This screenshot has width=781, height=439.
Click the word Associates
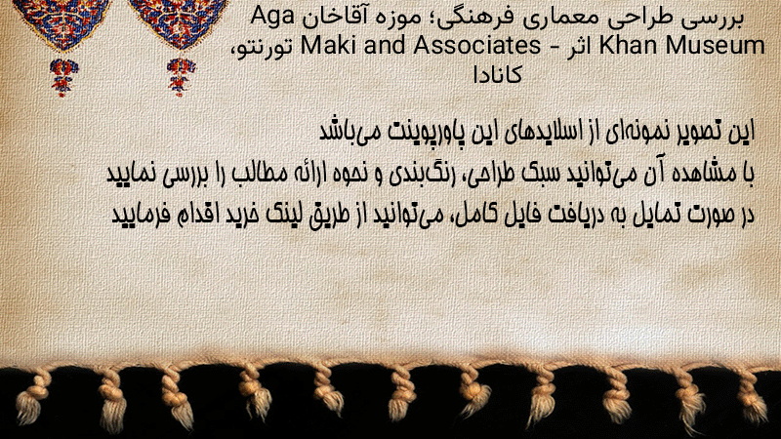point(476,45)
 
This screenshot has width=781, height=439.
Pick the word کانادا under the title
point(497,75)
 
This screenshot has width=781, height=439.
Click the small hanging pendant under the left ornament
point(62,76)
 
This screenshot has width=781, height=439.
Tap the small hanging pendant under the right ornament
point(181,76)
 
